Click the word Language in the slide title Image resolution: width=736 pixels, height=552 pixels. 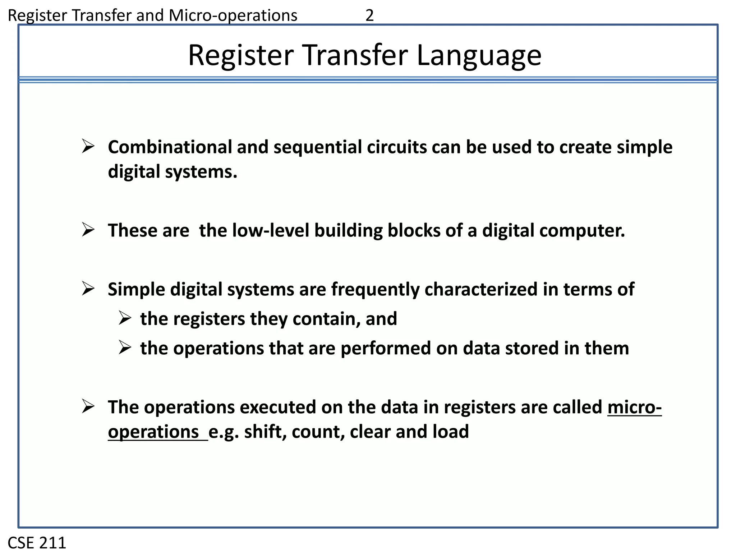point(479,56)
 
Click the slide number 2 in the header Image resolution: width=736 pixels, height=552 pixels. point(369,16)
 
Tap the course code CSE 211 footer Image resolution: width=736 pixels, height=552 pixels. point(37,543)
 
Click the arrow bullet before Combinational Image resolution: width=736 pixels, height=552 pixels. point(88,146)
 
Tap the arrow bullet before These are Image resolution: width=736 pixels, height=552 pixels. point(88,230)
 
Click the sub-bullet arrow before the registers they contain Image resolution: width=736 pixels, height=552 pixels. point(125,318)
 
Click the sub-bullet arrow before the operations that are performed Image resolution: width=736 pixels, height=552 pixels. point(125,348)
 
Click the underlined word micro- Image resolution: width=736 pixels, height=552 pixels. point(634,408)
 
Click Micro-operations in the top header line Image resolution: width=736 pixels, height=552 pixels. point(233,16)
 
